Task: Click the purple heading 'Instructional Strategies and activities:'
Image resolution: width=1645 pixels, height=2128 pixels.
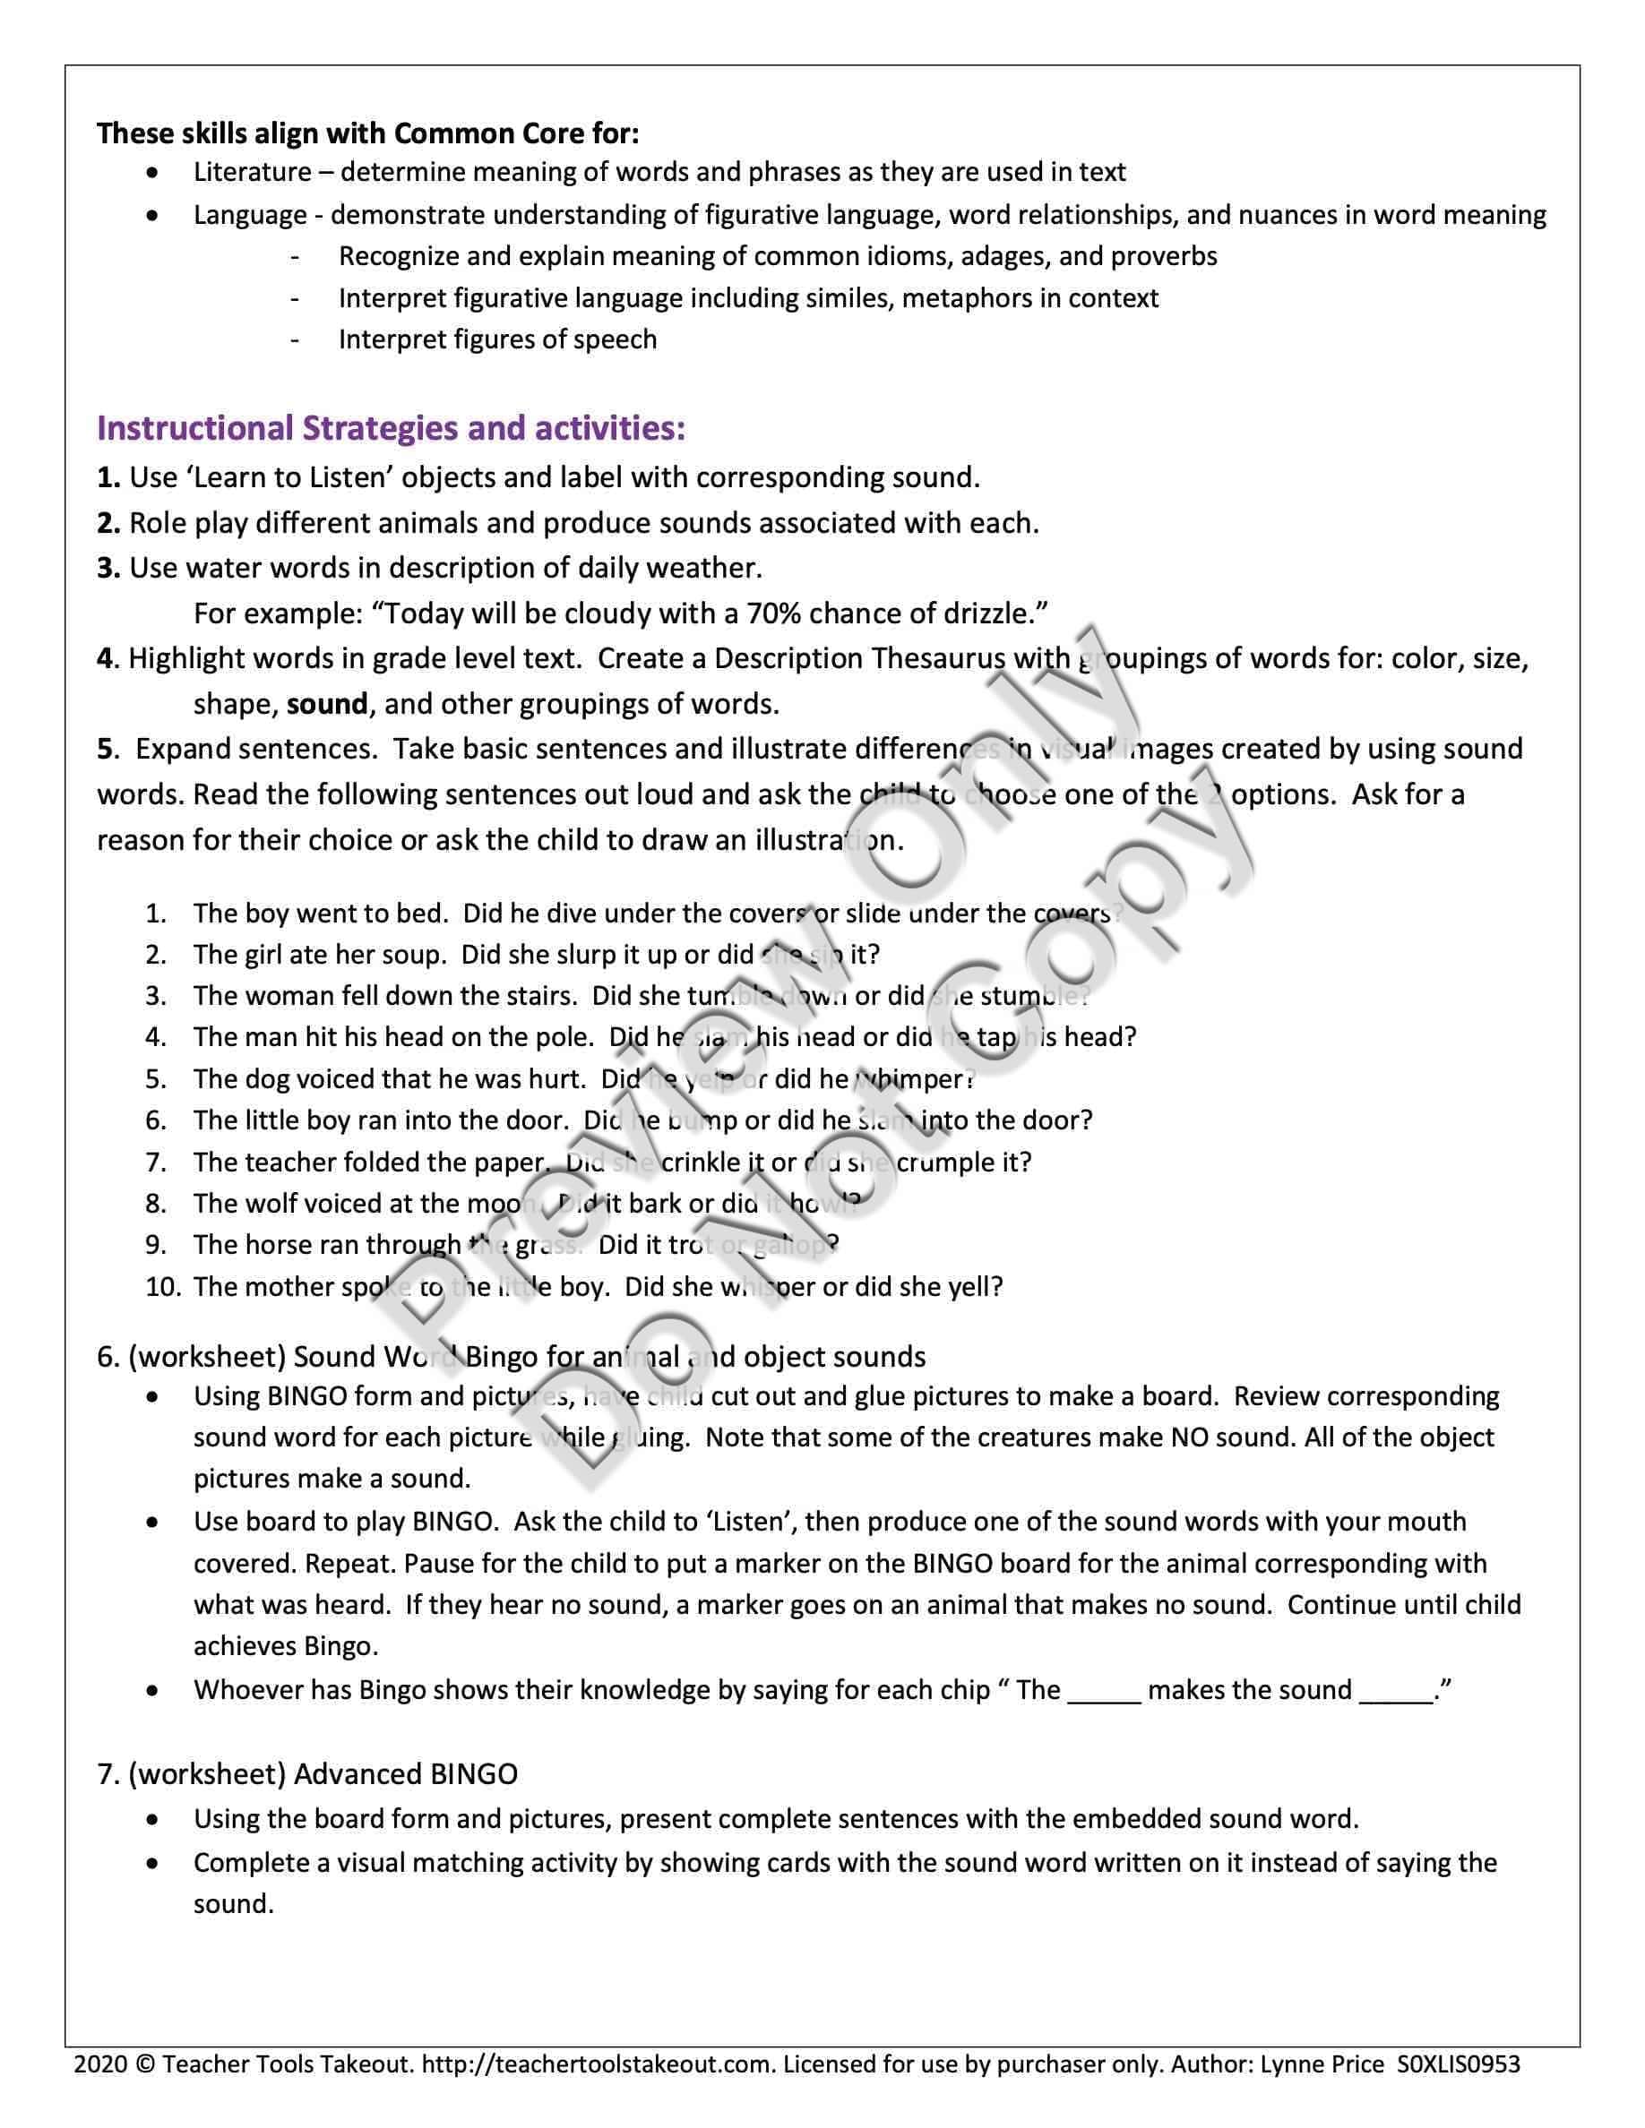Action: pyautogui.click(x=391, y=428)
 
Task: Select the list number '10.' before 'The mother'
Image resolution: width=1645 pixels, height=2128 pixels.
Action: pyautogui.click(x=164, y=1287)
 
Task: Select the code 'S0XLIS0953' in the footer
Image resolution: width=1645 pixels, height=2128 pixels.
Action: pyautogui.click(x=1458, y=2064)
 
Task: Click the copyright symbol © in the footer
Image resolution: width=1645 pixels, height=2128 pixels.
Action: pyautogui.click(x=145, y=2064)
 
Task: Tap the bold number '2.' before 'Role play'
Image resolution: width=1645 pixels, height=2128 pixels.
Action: pyautogui.click(x=108, y=523)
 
